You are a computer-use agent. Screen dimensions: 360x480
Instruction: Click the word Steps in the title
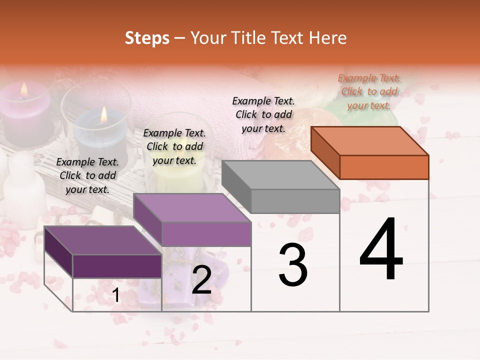[147, 38]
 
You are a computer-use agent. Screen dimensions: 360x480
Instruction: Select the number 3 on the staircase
[292, 264]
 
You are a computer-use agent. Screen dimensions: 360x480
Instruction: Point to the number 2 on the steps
[201, 280]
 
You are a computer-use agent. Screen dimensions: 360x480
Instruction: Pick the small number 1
[116, 295]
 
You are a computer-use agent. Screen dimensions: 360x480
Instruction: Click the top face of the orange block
[369, 140]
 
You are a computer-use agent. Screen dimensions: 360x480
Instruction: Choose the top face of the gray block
[280, 175]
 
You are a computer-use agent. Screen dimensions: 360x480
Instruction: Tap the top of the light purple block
[191, 208]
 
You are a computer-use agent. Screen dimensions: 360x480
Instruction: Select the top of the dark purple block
[103, 240]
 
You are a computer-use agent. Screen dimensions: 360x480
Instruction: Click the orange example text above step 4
[369, 91]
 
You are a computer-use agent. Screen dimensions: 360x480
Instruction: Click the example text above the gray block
[263, 114]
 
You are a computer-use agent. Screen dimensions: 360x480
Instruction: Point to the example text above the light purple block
[174, 146]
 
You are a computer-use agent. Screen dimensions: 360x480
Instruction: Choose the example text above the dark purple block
[87, 175]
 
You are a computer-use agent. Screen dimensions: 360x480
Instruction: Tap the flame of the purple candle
[23, 89]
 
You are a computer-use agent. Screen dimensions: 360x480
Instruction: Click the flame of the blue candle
[104, 115]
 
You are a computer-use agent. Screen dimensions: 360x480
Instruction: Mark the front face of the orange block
[384, 167]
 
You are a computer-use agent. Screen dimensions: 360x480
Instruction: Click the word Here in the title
[327, 38]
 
